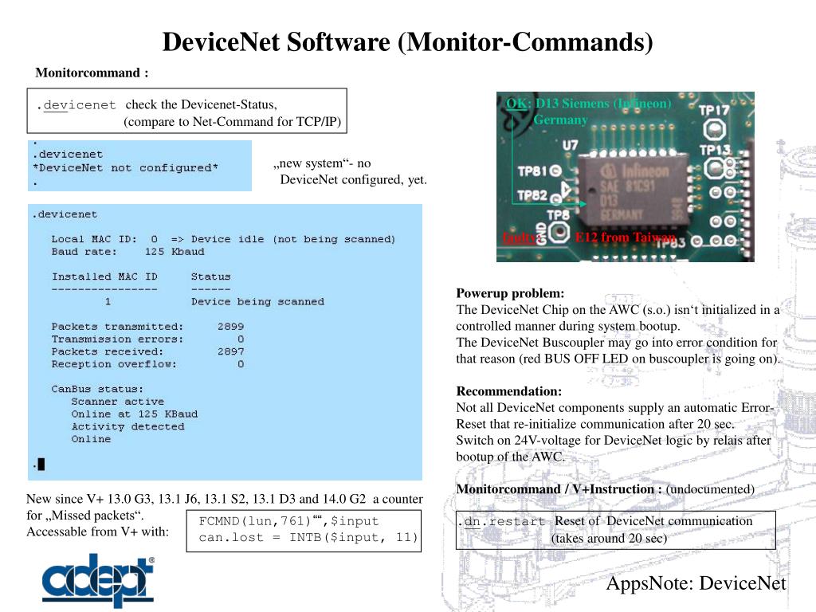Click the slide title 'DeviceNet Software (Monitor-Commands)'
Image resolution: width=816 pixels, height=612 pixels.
407,41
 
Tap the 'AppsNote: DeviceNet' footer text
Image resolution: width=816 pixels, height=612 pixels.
696,583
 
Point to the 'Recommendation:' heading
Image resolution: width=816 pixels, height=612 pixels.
508,391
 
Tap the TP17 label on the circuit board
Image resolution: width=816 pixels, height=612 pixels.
715,111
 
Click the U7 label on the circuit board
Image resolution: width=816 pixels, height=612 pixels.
570,146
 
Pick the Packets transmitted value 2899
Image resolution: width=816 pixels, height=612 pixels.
230,327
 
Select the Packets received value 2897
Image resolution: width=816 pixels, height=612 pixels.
230,351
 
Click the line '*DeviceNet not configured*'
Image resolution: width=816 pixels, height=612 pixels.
124,168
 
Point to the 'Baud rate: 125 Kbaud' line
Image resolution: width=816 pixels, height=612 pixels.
127,252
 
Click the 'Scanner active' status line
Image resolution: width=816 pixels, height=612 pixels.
117,402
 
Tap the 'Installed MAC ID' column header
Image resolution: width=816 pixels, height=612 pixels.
104,277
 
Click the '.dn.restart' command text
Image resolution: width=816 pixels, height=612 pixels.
501,522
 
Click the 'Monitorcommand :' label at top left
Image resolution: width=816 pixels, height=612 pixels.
92,73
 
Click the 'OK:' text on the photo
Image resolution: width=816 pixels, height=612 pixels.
516,104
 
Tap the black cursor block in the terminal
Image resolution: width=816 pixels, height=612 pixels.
41,464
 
